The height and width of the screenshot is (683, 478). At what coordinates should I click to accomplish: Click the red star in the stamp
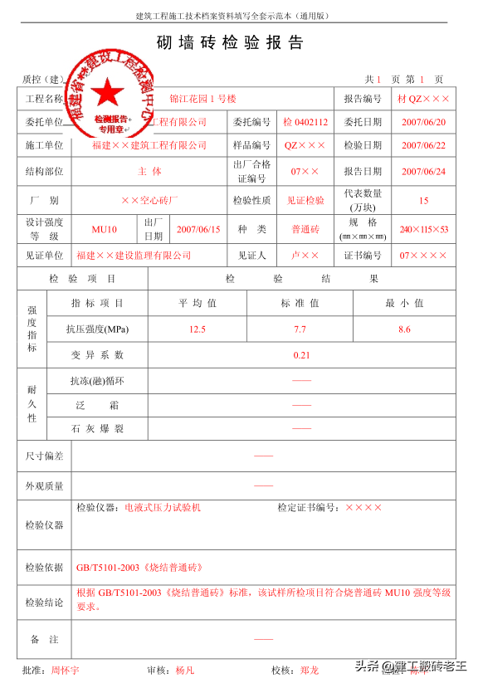(x=105, y=91)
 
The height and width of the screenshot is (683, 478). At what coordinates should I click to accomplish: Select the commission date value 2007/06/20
(x=423, y=122)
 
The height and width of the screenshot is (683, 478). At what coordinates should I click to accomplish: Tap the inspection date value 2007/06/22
(x=423, y=145)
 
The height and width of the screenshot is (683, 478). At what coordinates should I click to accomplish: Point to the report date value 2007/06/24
(x=423, y=172)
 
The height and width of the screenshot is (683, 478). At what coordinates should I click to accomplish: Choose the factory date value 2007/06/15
(x=198, y=229)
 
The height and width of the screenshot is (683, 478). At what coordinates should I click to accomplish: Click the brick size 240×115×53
(x=423, y=229)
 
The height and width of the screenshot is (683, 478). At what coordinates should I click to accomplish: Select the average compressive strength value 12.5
(x=197, y=329)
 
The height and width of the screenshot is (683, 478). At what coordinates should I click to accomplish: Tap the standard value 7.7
(x=300, y=329)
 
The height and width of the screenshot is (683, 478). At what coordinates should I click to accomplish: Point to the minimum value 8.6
(x=404, y=329)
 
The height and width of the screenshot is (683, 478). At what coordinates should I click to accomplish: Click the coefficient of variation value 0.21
(x=301, y=355)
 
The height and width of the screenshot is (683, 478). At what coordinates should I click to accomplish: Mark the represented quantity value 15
(x=423, y=201)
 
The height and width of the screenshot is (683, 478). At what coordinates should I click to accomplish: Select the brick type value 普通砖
(x=305, y=229)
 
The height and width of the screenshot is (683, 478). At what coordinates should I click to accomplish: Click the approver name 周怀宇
(x=66, y=669)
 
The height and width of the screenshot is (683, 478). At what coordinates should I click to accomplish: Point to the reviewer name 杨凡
(x=184, y=669)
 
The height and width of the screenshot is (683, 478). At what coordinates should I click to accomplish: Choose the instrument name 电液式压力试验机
(x=163, y=507)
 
